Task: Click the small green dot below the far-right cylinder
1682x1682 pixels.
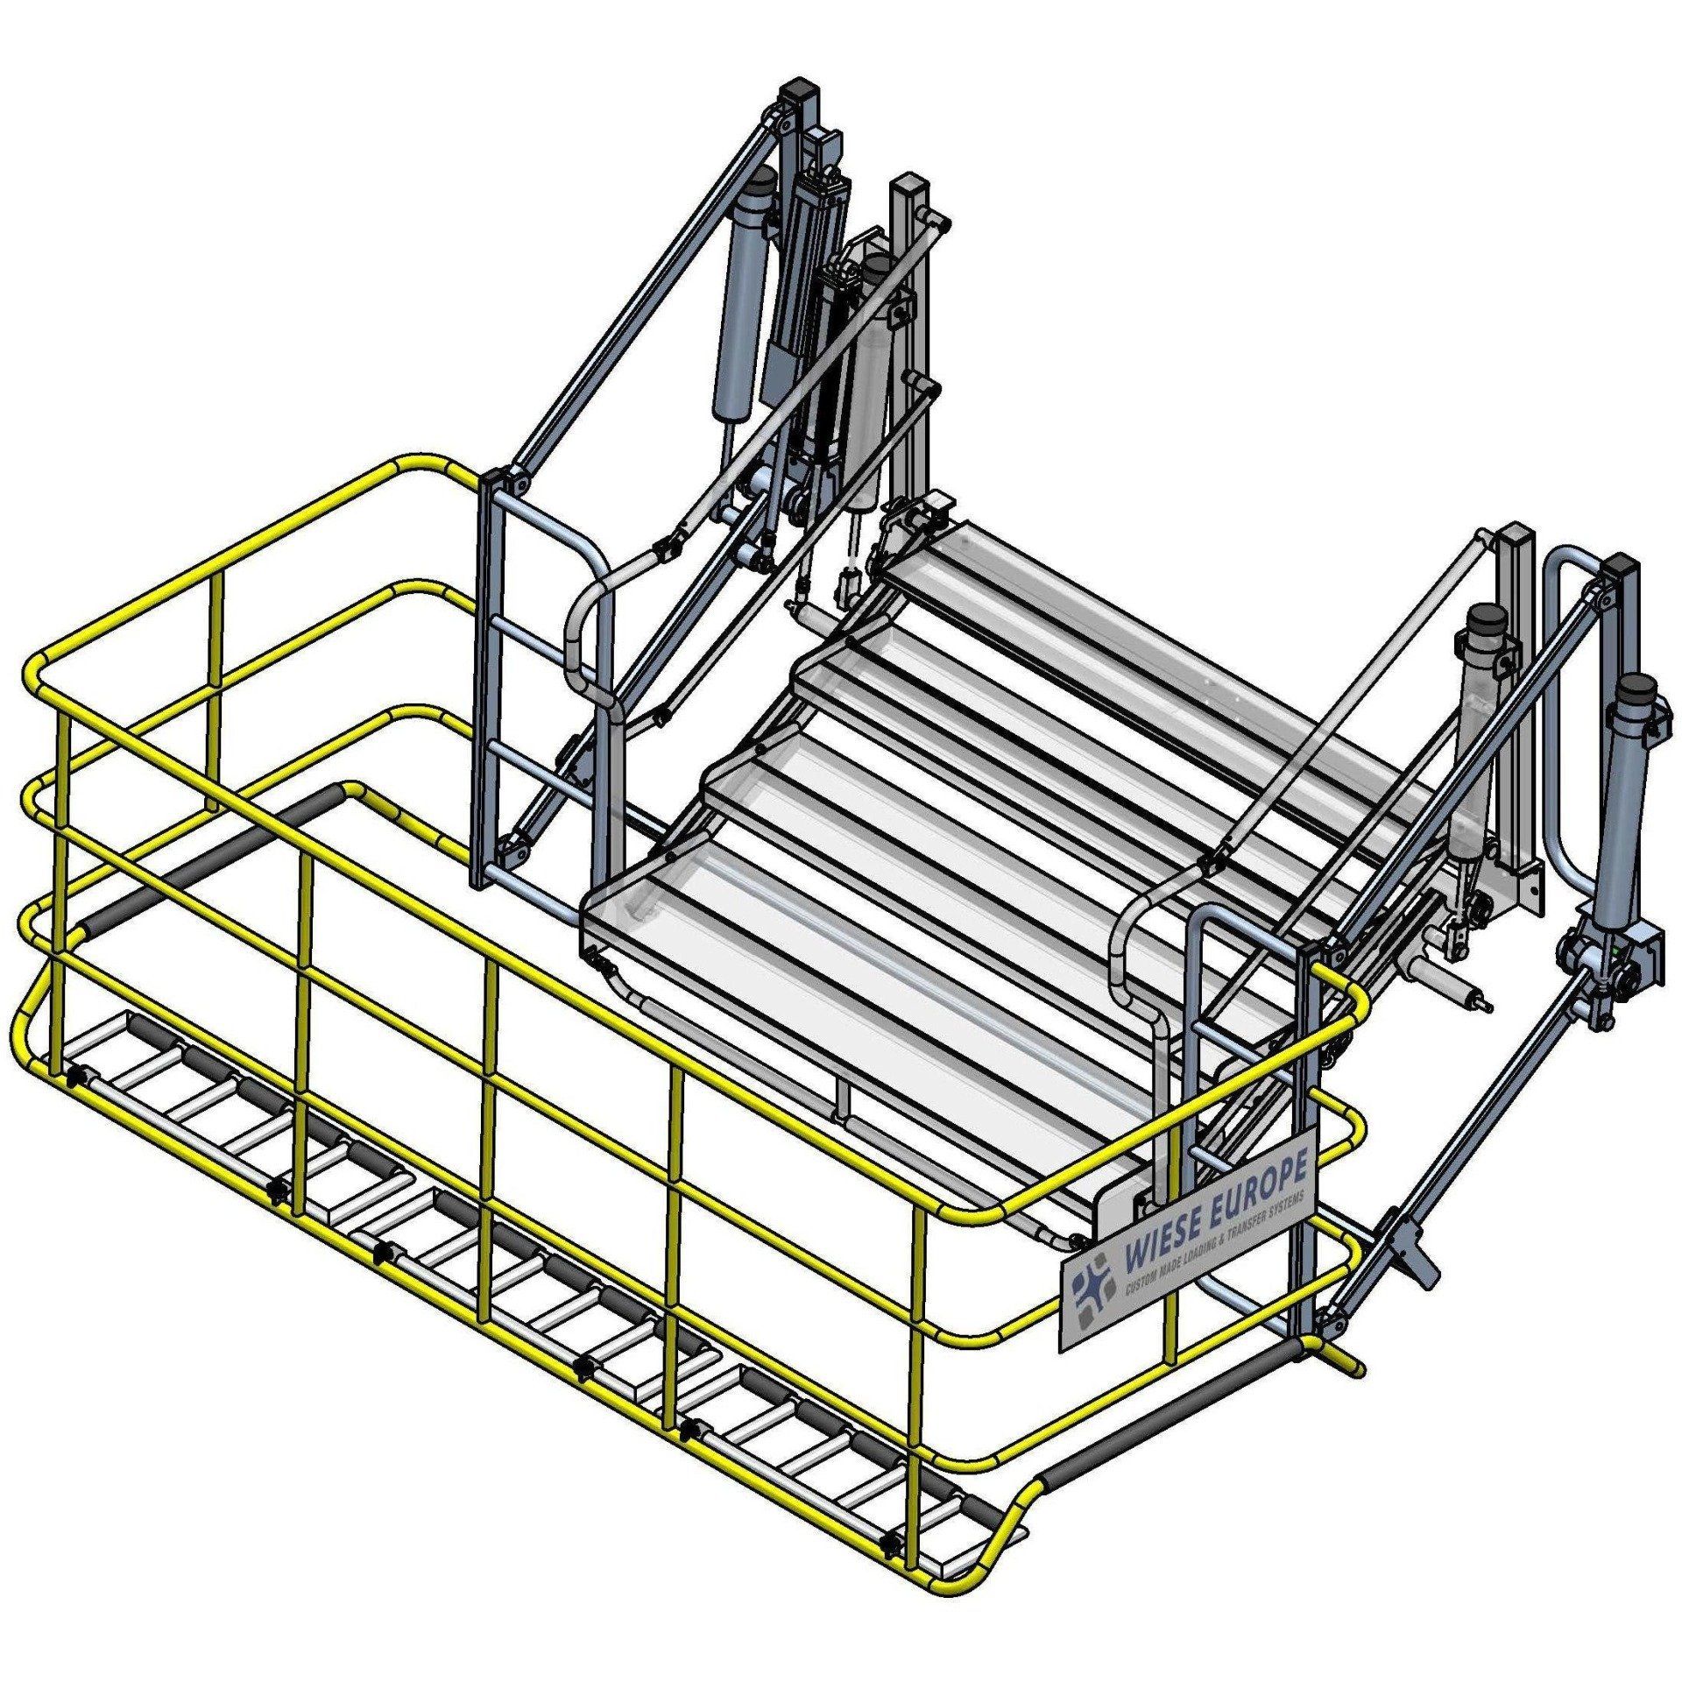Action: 1615,947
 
